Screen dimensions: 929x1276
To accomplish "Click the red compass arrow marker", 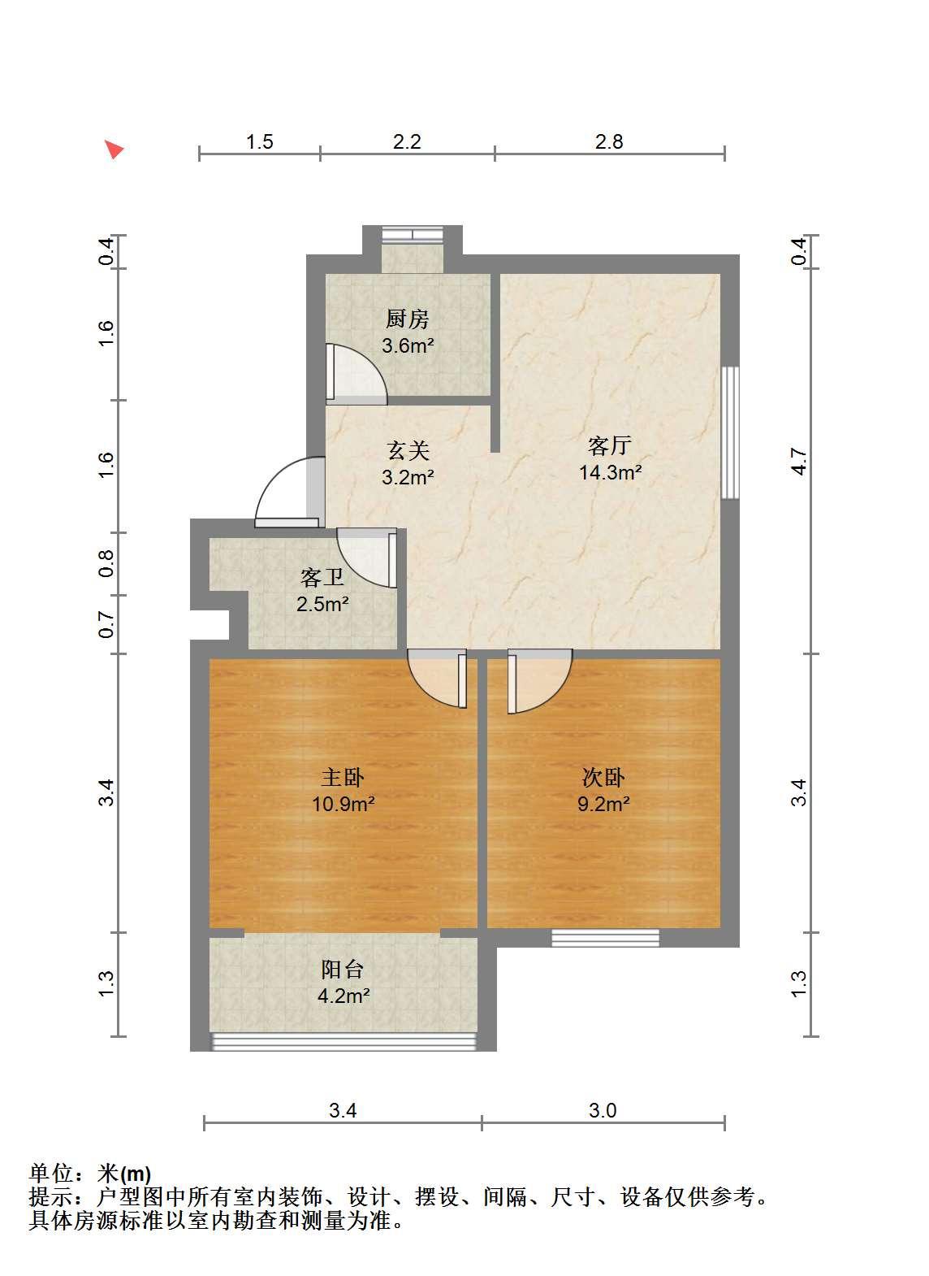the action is coord(115,150).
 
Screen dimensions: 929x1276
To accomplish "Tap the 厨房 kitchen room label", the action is coord(407,319).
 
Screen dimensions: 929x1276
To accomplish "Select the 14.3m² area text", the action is coord(610,472).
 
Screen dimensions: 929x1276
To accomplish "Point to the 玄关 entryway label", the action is coord(408,450).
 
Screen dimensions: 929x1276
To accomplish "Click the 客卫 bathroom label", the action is coord(322,578).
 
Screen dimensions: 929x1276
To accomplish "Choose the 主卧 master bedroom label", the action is coord(343,777).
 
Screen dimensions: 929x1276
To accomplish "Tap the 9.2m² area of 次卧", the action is coord(603,804).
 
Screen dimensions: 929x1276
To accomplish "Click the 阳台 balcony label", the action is coord(343,969).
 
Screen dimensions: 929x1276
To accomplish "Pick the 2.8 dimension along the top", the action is coord(609,141).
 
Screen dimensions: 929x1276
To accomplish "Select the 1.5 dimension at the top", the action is coord(260,141).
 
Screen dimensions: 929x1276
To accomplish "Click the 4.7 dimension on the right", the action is coord(799,462).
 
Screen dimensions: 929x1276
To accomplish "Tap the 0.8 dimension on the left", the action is coord(106,563).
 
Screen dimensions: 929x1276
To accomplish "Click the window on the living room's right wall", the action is coord(730,432).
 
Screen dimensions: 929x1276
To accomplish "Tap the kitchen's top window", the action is coord(413,234).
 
